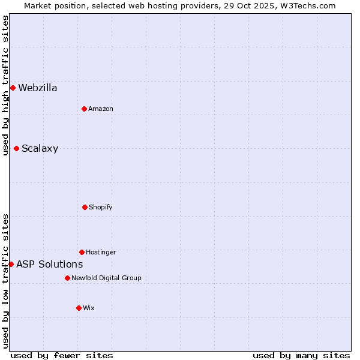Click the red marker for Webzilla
point(13,88)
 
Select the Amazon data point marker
point(84,109)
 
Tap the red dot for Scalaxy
point(16,149)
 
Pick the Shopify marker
point(85,207)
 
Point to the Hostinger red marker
point(82,252)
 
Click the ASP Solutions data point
point(11,264)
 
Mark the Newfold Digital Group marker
point(67,278)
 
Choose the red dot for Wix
point(79,308)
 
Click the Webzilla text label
point(38,88)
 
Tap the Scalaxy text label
point(40,149)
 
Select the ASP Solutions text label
point(49,264)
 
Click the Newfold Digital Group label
point(106,278)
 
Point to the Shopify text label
point(100,207)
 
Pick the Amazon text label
point(100,109)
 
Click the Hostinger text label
point(101,252)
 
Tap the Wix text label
point(88,308)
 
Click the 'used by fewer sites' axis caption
point(62,355)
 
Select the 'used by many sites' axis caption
point(301,355)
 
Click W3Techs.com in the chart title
point(306,5)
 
